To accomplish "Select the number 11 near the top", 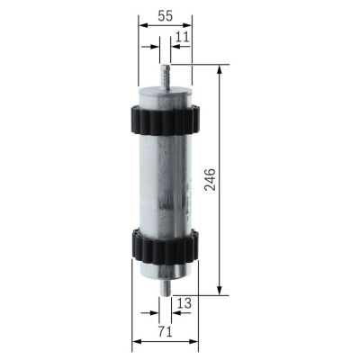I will point(183,37).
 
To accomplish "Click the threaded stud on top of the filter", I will point(166,74).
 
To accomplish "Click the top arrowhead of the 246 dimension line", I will point(220,70).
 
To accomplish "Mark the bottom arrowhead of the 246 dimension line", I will point(220,290).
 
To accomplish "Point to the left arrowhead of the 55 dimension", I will point(144,27).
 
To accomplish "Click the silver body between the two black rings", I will point(166,180).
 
